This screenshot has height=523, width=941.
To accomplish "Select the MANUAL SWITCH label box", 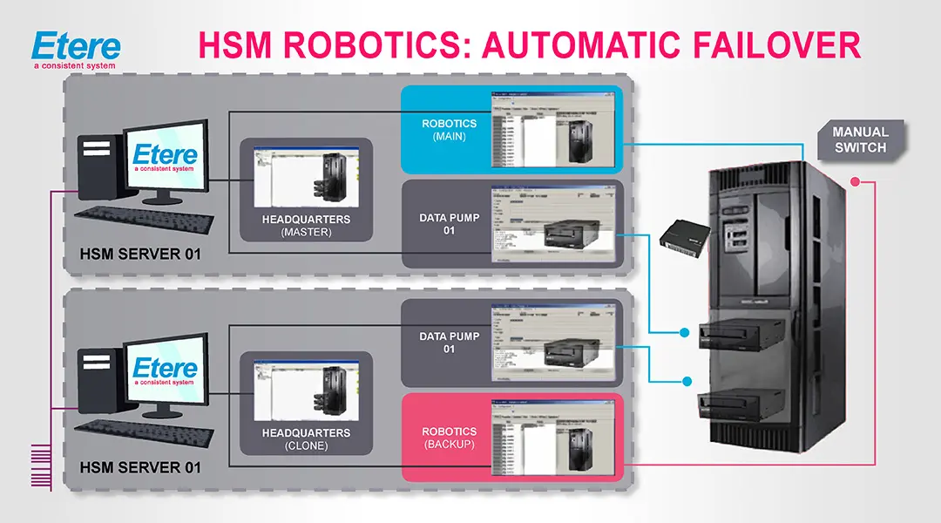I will coord(859,140).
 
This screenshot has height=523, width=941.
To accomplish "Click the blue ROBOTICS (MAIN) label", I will coord(449,130).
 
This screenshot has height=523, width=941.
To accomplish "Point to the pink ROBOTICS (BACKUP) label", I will coord(449,438).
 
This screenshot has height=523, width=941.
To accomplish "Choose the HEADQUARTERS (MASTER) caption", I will coord(306,226).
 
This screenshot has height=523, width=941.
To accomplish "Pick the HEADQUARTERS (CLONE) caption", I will coord(306,439).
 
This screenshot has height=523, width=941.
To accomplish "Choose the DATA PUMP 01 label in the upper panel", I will coord(449,224).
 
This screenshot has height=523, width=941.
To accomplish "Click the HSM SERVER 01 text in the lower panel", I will coord(140,468).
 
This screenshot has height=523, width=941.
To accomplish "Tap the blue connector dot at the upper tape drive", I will coord(686,331).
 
